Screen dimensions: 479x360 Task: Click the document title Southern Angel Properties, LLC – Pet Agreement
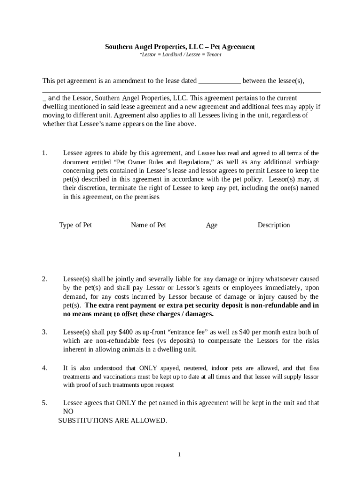pyautogui.click(x=180, y=47)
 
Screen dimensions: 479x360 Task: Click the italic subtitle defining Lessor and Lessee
pyautogui.click(x=180, y=55)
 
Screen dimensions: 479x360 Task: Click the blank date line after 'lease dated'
pyautogui.click(x=219, y=81)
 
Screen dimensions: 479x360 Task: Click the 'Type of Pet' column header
pyautogui.click(x=75, y=225)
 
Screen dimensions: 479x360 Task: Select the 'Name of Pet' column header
pyautogui.click(x=148, y=225)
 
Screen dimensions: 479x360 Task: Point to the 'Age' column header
pyautogui.click(x=211, y=225)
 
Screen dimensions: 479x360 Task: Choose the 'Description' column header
pyautogui.click(x=274, y=225)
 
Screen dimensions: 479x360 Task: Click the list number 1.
pyautogui.click(x=44, y=153)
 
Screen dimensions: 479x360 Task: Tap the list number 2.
pyautogui.click(x=44, y=279)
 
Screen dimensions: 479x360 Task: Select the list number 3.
pyautogui.click(x=44, y=332)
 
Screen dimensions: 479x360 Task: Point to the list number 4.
pyautogui.click(x=44, y=368)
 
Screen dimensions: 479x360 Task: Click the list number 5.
pyautogui.click(x=44, y=403)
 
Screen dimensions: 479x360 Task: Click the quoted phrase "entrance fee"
pyautogui.click(x=192, y=332)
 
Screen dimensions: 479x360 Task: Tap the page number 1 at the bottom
pyautogui.click(x=179, y=455)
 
